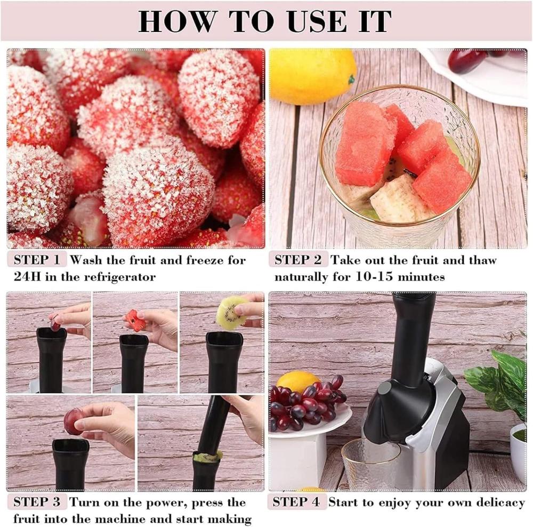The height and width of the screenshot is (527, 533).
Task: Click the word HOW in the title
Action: pos(178,21)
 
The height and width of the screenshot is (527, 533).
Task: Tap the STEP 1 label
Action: pos(37,260)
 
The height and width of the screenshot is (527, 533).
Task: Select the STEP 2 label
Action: pos(298,260)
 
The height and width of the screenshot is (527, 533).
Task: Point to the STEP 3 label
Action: pos(37,502)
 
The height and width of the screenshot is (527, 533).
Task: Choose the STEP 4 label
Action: pos(296,502)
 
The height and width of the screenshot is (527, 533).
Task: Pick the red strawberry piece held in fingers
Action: pos(135,320)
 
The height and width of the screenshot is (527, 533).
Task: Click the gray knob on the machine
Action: pos(385,389)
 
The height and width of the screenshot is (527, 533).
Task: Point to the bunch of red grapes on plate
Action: pos(306,403)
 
